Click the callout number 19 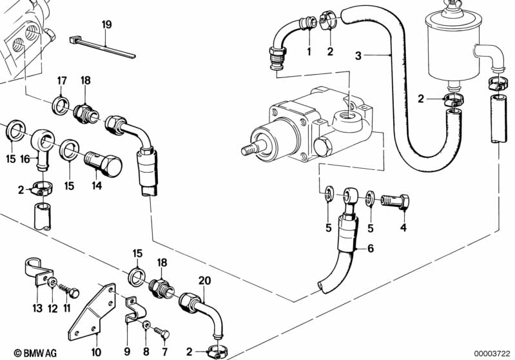pos(106,25)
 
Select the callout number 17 pos(62,81)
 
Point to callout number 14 pos(97,185)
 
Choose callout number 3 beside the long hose pos(358,56)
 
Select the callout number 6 pos(370,249)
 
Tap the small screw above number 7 pos(161,332)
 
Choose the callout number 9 pos(128,352)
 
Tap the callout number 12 pos(53,308)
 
